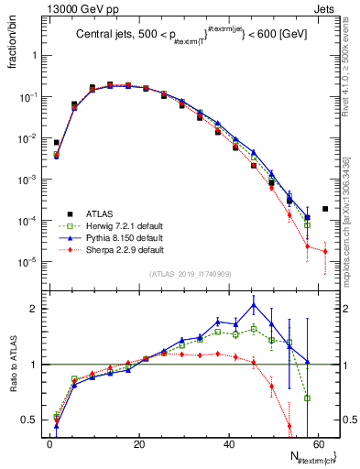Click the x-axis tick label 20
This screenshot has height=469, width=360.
point(139,444)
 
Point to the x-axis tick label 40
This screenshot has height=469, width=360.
point(229,444)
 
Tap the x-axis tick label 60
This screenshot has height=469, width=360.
point(318,444)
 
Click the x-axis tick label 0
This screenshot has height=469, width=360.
point(50,444)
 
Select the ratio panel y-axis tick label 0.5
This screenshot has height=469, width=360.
point(29,420)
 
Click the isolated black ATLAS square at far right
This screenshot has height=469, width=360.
point(325,209)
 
